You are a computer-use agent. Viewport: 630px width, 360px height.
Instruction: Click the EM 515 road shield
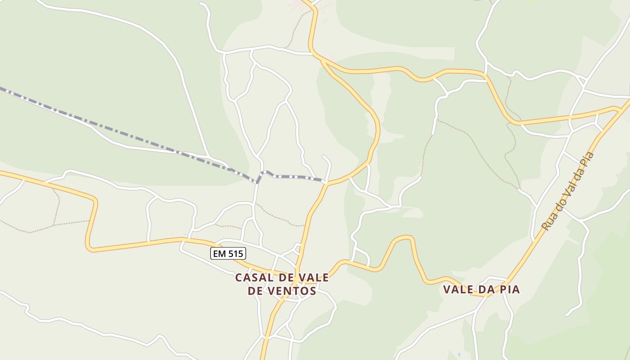pyautogui.click(x=228, y=254)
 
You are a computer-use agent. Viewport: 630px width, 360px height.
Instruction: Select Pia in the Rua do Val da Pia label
pyautogui.click(x=589, y=160)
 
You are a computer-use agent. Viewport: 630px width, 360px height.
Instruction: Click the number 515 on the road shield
pyautogui.click(x=235, y=254)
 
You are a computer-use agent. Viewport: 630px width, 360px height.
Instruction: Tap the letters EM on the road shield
pyautogui.click(x=219, y=254)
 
